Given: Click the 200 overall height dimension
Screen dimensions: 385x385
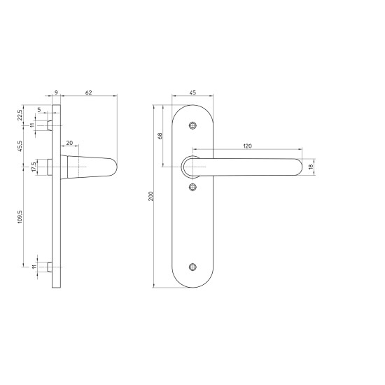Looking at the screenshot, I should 149,197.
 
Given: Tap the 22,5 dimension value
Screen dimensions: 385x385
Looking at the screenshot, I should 21,114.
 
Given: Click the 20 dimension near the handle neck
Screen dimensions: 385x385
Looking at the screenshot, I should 69,144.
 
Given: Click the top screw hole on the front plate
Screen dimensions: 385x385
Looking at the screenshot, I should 194,125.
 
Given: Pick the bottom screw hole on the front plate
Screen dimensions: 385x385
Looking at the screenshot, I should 194,267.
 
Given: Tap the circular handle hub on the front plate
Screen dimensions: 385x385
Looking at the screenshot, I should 190,167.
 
